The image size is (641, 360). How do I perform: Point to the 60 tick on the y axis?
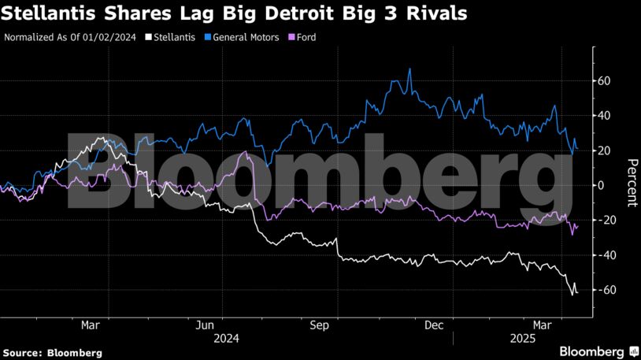605,81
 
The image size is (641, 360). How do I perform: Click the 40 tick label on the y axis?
605,116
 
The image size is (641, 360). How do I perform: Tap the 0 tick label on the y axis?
602,186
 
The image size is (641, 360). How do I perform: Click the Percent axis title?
631,182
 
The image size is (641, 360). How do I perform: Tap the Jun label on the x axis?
206,325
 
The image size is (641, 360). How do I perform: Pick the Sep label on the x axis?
320,325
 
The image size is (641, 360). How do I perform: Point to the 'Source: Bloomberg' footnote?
53,353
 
